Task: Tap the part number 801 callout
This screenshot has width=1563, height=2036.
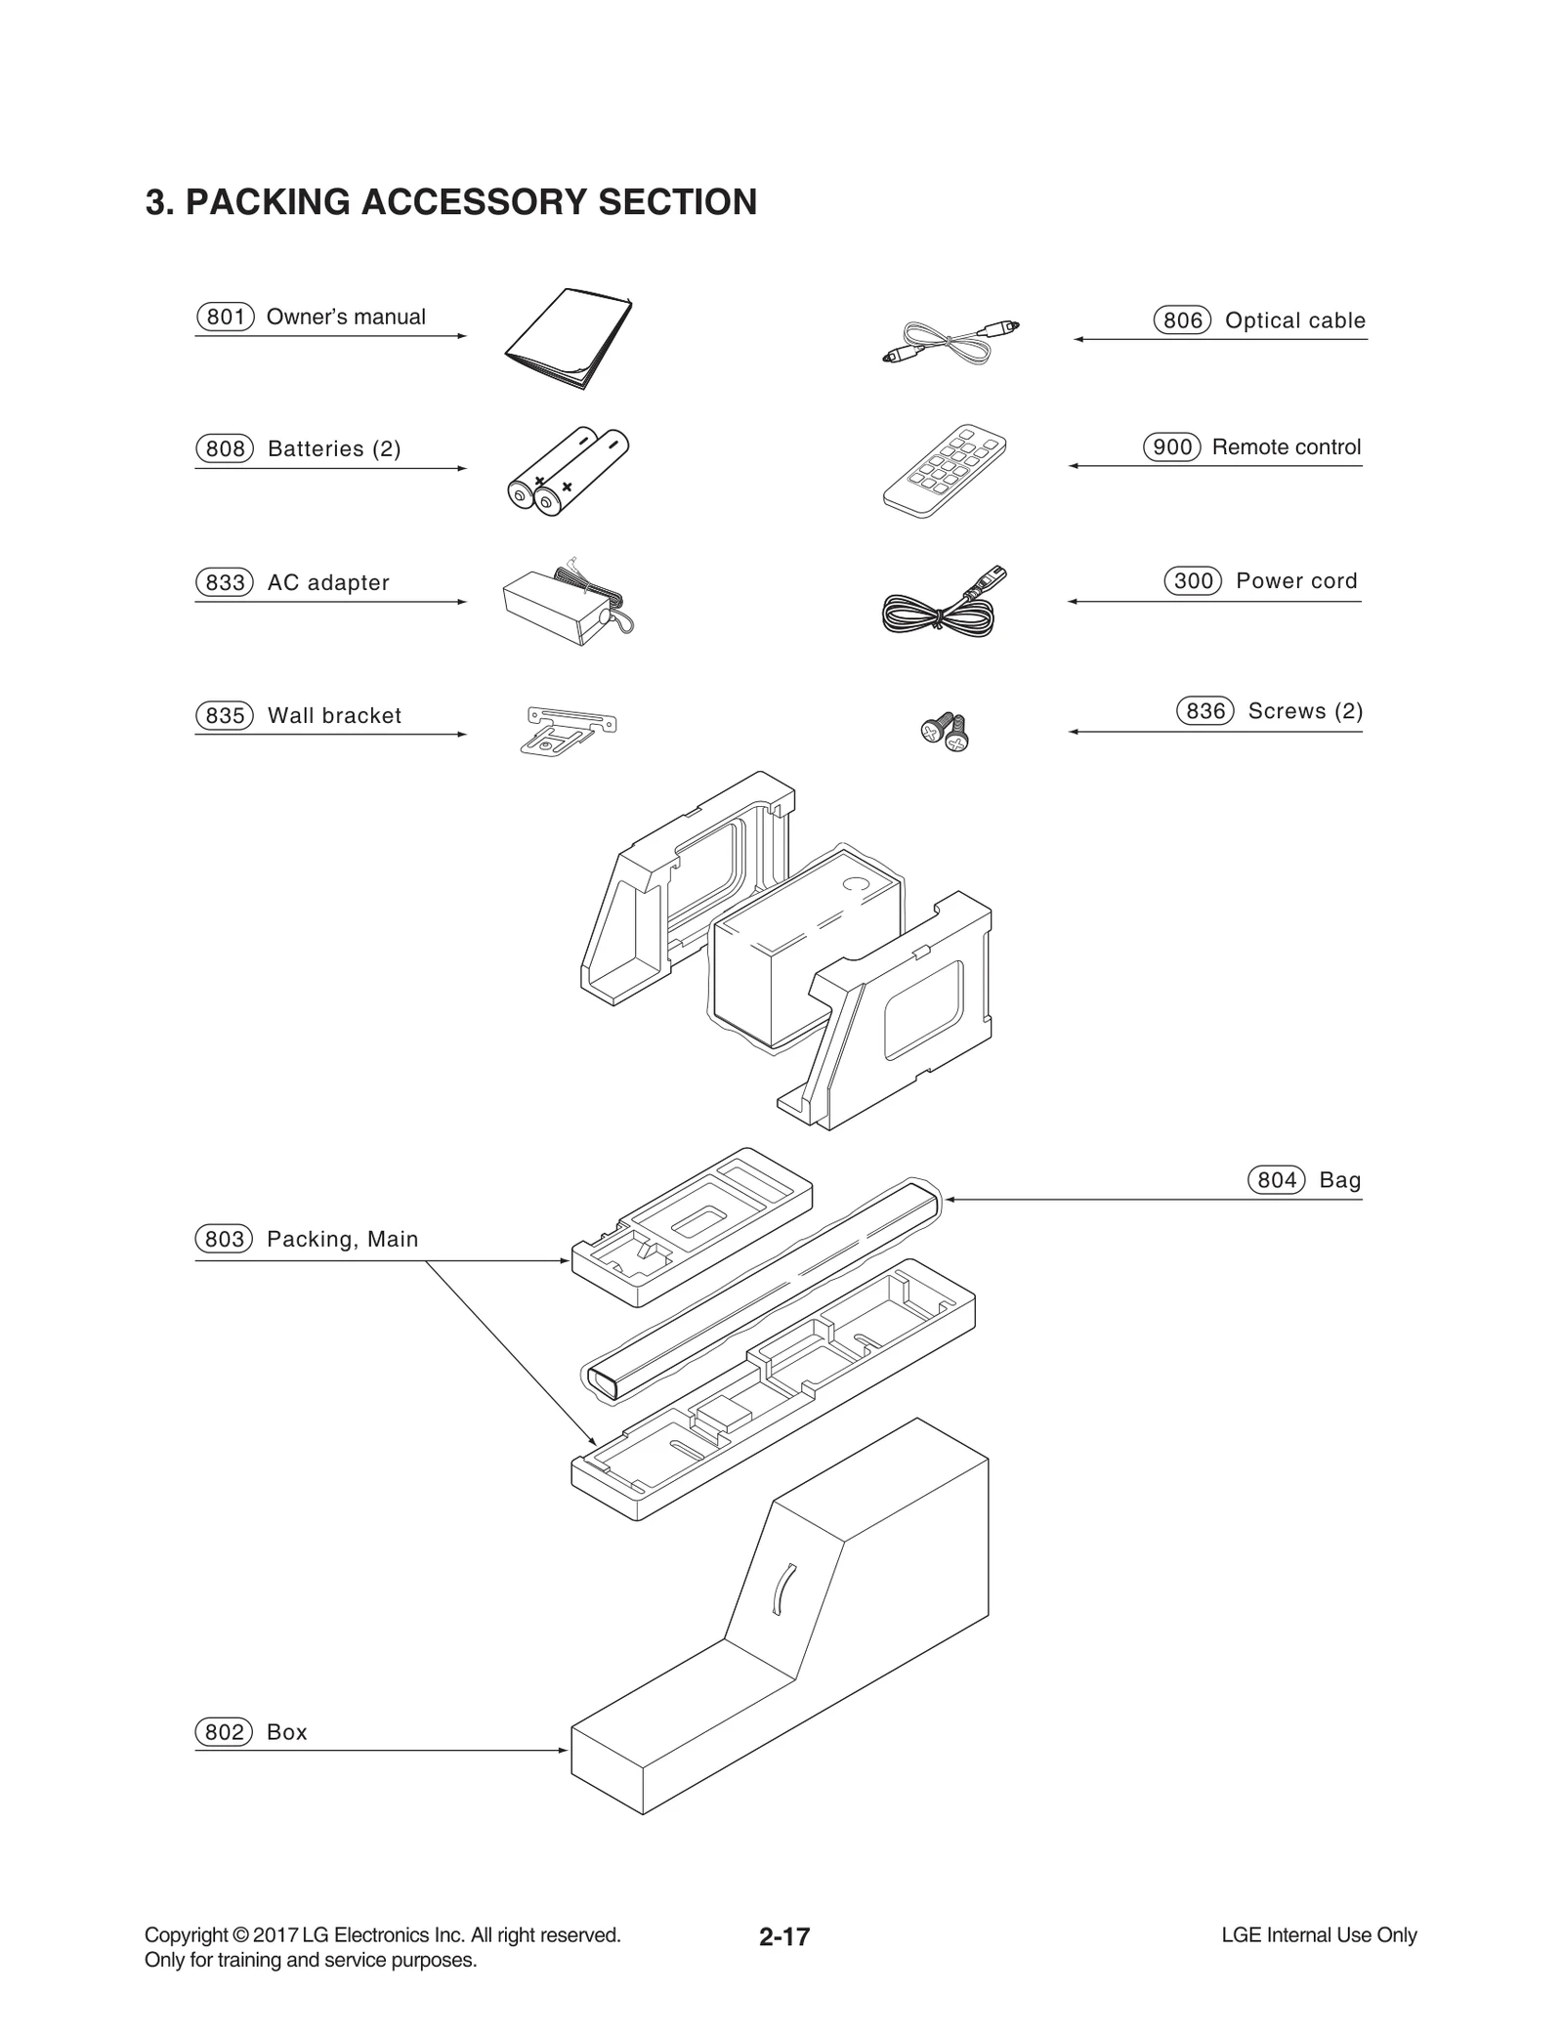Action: click(x=225, y=317)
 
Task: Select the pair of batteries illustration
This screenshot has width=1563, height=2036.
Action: click(x=568, y=472)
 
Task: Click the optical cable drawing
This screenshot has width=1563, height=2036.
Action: click(x=949, y=343)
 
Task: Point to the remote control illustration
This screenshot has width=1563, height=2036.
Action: click(x=944, y=471)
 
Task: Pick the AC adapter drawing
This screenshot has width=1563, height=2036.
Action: click(x=565, y=604)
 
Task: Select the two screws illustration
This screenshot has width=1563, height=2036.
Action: click(x=945, y=731)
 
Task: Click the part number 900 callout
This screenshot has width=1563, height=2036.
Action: click(x=1171, y=446)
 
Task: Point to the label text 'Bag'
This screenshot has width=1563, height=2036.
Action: click(x=1339, y=1180)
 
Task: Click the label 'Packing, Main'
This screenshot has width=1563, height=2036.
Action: click(x=342, y=1239)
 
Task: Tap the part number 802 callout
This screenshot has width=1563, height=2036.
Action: click(x=225, y=1732)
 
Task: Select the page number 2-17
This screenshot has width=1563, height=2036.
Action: click(x=783, y=1936)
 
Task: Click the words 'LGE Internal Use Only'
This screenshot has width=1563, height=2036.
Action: click(x=1318, y=1935)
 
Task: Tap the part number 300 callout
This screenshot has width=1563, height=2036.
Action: click(x=1193, y=580)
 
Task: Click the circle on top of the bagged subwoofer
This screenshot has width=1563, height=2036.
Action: click(x=855, y=884)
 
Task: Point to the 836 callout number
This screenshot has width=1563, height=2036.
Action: click(x=1204, y=710)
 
